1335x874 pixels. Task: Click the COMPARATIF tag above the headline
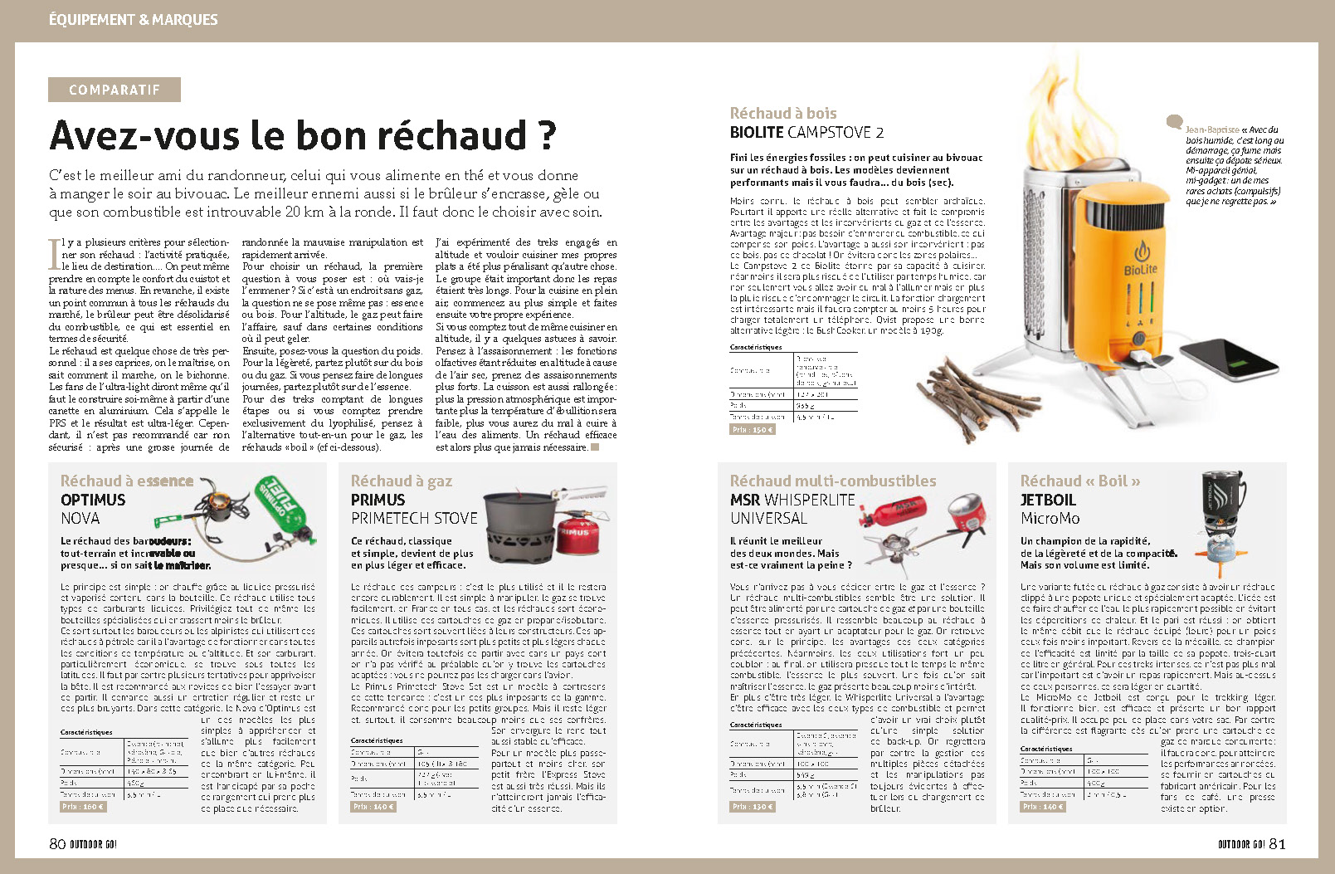point(114,90)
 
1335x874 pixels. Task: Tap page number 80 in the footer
point(57,843)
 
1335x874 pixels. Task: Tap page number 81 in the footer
point(1277,843)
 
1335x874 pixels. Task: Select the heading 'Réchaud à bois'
point(782,113)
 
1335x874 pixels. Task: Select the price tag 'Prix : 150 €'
point(752,429)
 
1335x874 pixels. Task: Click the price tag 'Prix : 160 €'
point(83,806)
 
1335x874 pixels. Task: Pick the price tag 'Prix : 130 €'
point(752,806)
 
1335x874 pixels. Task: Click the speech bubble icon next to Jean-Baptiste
point(1174,122)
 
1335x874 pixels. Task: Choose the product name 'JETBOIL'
point(1048,500)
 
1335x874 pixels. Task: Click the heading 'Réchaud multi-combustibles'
point(832,481)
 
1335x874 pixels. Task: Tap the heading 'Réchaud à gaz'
point(401,481)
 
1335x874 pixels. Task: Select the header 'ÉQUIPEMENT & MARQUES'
point(134,19)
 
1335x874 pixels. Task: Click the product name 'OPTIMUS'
point(93,500)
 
